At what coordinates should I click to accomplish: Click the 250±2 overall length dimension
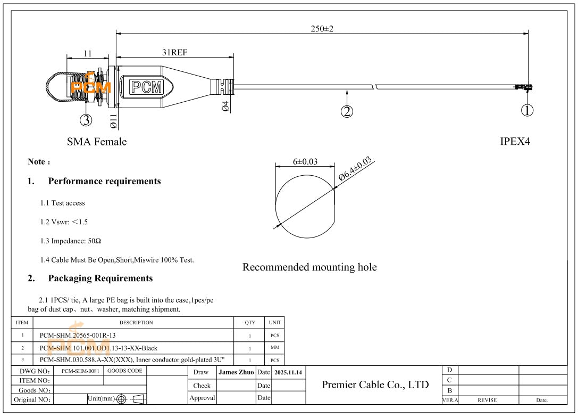(x=322, y=29)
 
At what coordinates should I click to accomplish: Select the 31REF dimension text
(x=175, y=52)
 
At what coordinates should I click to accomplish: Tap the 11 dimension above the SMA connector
(x=88, y=53)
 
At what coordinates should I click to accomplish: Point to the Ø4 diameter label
(x=225, y=106)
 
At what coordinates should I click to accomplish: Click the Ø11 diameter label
(x=113, y=122)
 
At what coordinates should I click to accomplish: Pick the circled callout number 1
(x=526, y=110)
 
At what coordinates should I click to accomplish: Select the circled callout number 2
(x=347, y=111)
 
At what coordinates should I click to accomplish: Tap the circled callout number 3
(x=86, y=120)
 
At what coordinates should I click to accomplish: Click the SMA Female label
(x=97, y=142)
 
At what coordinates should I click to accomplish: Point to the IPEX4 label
(x=515, y=142)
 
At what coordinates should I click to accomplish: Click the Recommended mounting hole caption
(x=309, y=267)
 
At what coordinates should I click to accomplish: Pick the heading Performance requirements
(x=104, y=181)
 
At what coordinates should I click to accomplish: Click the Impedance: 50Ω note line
(x=71, y=241)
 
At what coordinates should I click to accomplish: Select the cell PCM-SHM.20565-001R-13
(x=78, y=336)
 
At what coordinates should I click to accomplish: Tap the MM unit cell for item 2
(x=275, y=348)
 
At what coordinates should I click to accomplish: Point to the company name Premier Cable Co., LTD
(x=375, y=385)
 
